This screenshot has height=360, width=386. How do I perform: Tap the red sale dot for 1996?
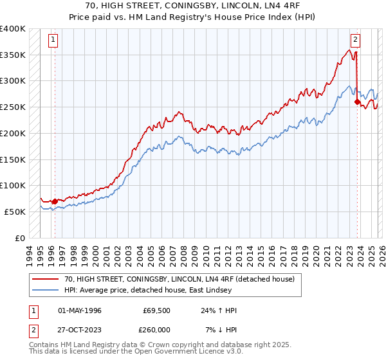point(55,201)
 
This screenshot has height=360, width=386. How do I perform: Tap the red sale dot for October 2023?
point(356,101)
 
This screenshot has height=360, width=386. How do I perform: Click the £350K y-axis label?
point(13,55)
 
